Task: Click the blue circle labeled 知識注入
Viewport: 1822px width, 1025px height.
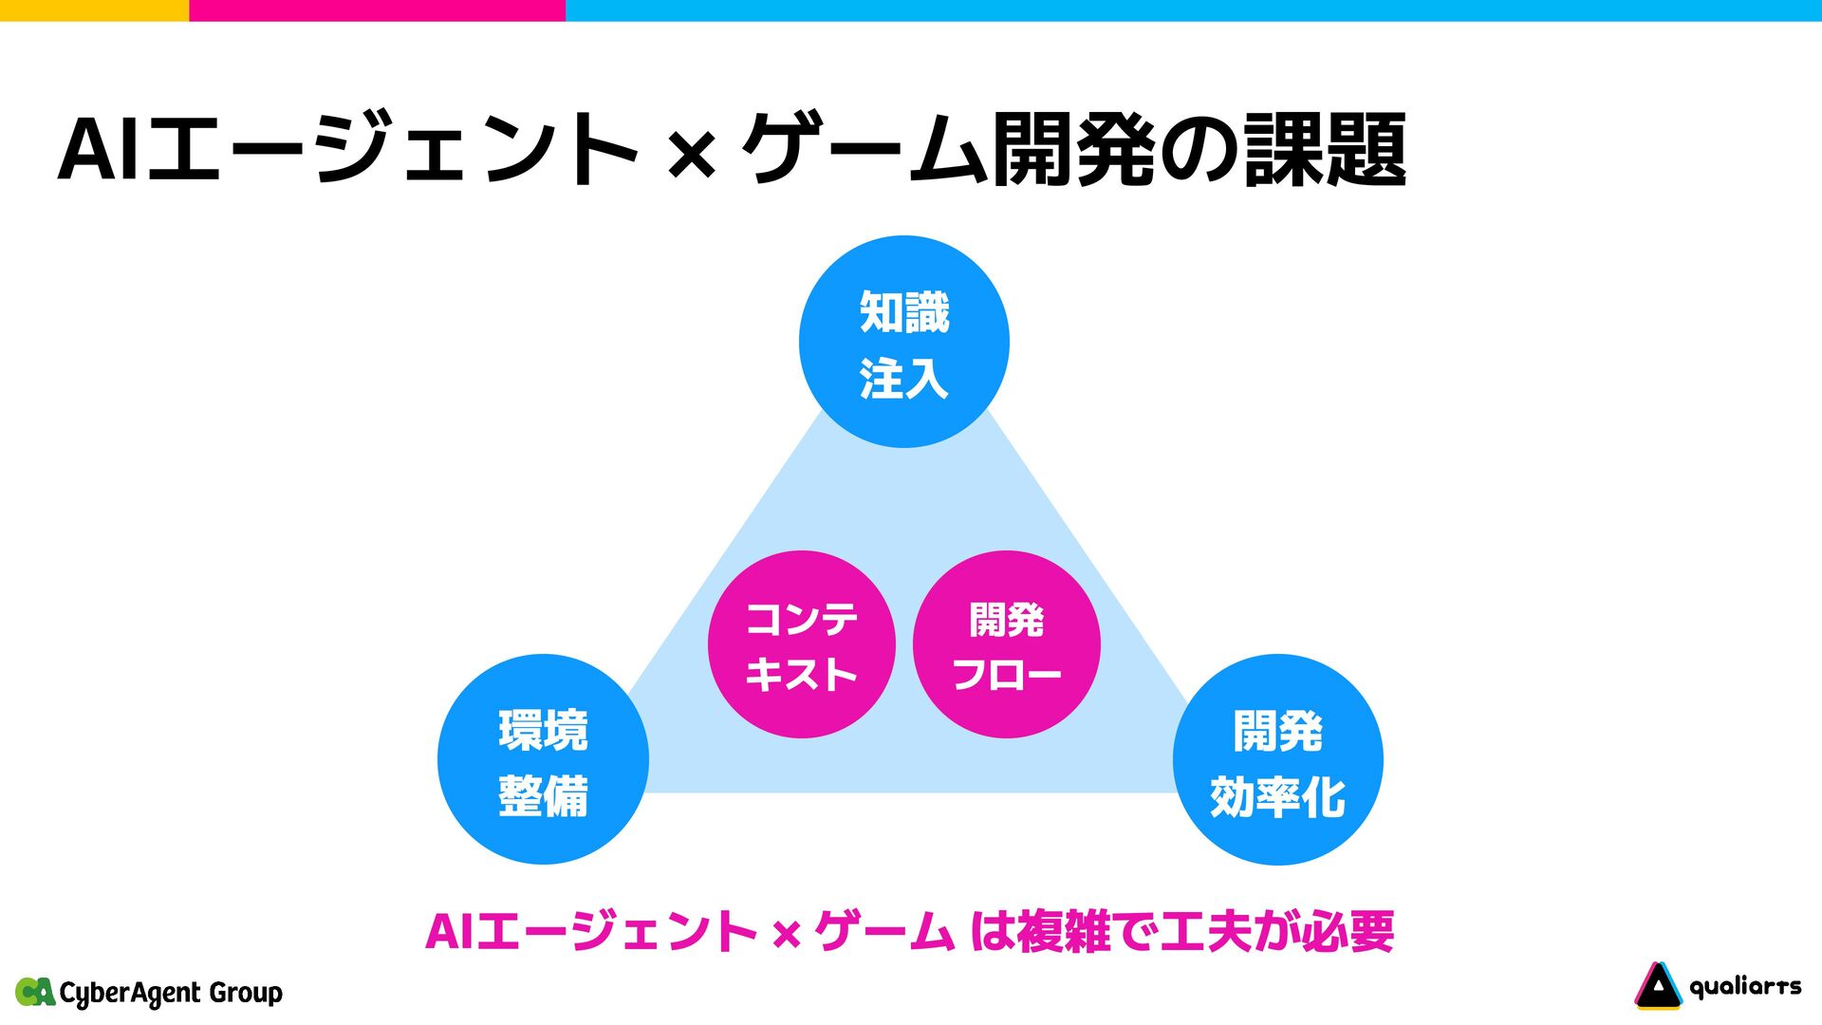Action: (903, 342)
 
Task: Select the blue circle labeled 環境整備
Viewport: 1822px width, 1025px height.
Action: (543, 759)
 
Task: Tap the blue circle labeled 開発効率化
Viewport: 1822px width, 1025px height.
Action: (1277, 759)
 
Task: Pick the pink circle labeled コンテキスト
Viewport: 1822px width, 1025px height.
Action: (802, 644)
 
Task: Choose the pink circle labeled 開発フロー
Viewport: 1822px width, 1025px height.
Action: (1006, 644)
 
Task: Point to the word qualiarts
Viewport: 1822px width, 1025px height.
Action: (1745, 987)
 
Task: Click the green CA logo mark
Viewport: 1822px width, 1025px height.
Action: (35, 992)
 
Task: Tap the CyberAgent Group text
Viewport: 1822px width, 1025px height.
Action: (171, 993)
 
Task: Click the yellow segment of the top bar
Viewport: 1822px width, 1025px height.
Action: (94, 10)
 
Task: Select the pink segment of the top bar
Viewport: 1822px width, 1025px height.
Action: (377, 10)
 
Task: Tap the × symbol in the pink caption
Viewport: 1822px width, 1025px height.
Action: (786, 934)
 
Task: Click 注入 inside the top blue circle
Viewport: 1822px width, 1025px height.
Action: (903, 378)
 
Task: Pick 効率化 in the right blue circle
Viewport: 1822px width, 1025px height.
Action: (1277, 796)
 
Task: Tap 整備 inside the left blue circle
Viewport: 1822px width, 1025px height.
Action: (543, 795)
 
